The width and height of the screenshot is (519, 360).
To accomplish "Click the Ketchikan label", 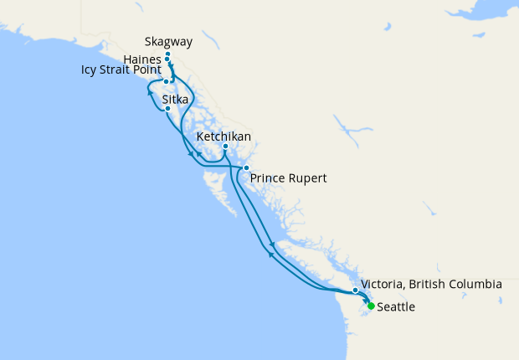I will point(224,136).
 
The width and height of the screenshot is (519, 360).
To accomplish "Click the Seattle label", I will point(396,307).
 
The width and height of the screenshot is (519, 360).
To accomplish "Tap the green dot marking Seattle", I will point(371,306).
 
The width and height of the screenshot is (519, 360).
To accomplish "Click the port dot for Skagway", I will point(168,54).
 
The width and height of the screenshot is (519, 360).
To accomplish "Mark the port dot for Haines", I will point(168,59).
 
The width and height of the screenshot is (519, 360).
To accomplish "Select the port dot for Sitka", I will point(168,109).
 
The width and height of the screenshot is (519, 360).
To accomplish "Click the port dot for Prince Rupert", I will point(246,168).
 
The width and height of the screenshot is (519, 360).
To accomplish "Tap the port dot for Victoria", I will point(356,291).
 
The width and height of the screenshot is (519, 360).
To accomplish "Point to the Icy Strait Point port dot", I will point(167,82).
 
